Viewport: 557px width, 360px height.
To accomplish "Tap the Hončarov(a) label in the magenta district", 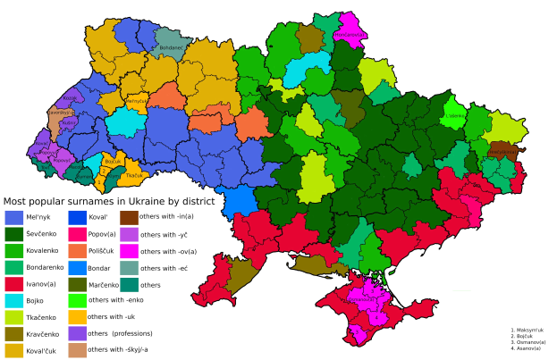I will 349,35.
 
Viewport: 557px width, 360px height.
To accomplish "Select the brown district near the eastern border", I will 499,152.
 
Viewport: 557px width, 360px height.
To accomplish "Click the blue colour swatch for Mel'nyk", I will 14,216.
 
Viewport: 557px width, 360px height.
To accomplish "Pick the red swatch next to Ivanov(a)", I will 14,283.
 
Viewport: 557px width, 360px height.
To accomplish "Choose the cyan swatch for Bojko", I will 14,300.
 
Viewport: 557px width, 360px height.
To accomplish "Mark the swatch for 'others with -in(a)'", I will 127,216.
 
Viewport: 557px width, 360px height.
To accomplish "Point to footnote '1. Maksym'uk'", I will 527,330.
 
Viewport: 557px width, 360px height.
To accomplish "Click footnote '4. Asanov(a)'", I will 527,347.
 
